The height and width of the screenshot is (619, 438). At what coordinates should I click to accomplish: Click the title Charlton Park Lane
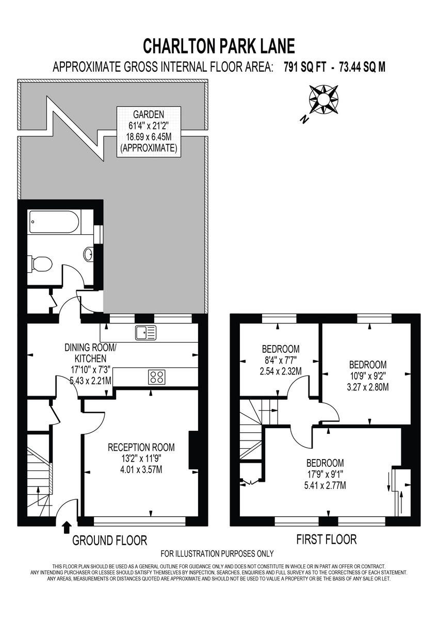point(219,46)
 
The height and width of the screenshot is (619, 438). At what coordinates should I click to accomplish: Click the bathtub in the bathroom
point(54,222)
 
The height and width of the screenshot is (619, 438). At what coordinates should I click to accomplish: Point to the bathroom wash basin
point(89,254)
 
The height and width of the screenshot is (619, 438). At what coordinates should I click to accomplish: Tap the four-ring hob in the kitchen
point(157,377)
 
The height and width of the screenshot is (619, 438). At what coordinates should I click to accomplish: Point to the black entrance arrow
point(66,527)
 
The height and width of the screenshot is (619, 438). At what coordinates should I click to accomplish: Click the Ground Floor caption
point(109,540)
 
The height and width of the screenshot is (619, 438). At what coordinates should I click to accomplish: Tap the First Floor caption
point(326,540)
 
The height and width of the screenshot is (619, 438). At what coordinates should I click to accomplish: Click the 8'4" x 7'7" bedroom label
point(281,360)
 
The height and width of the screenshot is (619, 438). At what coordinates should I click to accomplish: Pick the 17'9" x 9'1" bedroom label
point(325,474)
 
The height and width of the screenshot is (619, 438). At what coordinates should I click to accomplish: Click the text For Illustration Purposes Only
point(217,554)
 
